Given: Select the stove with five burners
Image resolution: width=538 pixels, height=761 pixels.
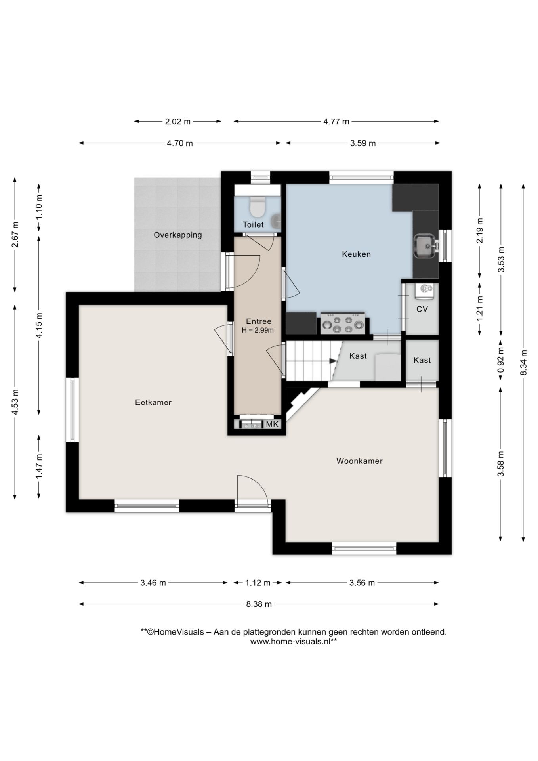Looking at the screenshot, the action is tap(343, 323).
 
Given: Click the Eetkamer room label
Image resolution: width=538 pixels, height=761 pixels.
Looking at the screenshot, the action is tap(153, 402).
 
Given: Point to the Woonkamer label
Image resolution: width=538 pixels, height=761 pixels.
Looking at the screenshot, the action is tap(359, 461).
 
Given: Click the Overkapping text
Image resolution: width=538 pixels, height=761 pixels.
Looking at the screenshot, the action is tap(178, 235).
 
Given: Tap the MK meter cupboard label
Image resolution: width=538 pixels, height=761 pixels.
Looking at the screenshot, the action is tap(273, 424).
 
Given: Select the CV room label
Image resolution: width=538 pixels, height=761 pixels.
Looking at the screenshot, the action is tap(422, 309).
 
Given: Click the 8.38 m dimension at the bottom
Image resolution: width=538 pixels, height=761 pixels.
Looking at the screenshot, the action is tap(259, 604).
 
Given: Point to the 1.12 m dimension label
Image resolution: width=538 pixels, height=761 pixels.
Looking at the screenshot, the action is tap(258, 583).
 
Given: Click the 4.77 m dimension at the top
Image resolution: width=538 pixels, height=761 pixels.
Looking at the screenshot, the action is tap(336, 122).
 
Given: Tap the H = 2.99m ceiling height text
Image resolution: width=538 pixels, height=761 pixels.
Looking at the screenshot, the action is tap(258, 330).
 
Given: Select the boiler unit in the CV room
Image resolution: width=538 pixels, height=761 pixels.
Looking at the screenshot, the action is tap(424, 290).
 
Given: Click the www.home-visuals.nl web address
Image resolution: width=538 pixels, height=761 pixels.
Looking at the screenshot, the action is tap(294, 641).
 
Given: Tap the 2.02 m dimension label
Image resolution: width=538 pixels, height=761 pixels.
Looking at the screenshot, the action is tap(178, 122).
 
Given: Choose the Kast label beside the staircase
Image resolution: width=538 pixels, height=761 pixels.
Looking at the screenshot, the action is tap(358, 356).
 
